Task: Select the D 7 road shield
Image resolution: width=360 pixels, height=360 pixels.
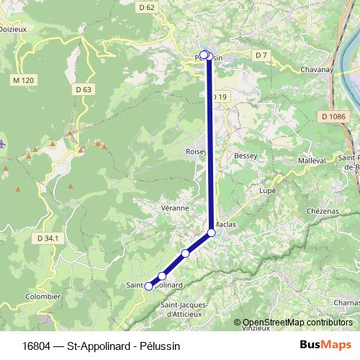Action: point(261,55)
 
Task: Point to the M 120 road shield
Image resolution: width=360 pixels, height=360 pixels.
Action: point(23,79)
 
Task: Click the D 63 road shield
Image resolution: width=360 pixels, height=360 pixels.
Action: point(84,89)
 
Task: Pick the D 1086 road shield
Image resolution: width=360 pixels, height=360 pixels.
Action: point(334,116)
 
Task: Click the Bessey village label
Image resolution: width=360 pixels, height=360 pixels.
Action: point(246,156)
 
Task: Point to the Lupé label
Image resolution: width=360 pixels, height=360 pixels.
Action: point(268,191)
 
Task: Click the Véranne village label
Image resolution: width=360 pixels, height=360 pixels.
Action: point(176,207)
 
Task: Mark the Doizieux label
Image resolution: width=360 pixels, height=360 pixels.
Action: point(13,30)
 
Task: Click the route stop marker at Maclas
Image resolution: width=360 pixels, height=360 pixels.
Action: point(212,232)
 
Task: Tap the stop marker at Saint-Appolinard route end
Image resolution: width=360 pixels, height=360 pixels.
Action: point(149,286)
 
